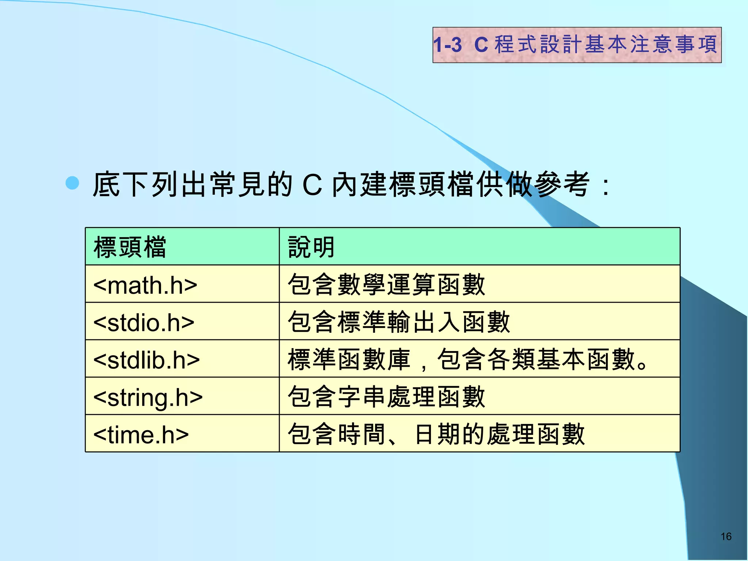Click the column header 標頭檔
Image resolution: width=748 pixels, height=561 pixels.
coord(130,247)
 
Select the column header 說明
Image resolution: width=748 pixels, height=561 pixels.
coord(311,247)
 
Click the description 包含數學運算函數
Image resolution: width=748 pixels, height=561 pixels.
coord(386,285)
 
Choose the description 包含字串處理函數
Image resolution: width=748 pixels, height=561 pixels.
coord(386,397)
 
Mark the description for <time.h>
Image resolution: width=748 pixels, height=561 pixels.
coord(436,434)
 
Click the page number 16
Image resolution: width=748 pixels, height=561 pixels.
coord(726,537)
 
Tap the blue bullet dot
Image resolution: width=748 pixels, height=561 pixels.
coord(72,183)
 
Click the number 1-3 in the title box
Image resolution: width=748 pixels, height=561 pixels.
coord(448,45)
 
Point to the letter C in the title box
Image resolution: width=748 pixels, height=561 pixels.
coord(481,45)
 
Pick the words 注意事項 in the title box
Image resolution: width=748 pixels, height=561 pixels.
coord(673,45)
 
